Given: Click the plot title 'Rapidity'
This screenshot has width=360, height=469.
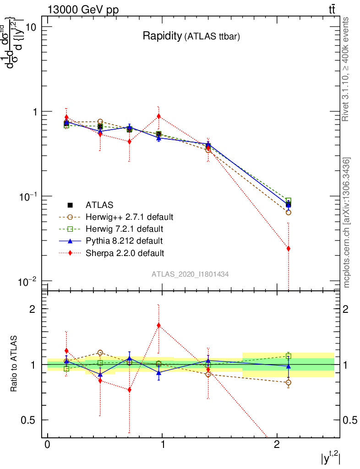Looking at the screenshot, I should tap(162, 36).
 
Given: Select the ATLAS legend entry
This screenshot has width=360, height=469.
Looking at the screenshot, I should tap(100, 205).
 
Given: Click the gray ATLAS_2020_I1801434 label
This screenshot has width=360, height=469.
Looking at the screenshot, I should tap(190, 274).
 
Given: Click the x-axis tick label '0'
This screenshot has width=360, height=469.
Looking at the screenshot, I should tap(47, 446).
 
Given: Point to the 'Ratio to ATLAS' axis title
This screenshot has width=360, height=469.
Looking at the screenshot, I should tap(15, 364).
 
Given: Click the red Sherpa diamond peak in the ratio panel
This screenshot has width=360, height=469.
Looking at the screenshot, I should tap(158, 326).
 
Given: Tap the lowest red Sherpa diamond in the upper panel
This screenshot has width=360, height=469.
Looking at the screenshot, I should tap(288, 249).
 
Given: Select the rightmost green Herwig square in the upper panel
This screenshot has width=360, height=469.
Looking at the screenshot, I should tap(288, 201).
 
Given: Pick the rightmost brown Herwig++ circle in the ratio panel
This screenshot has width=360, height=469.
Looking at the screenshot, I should tap(288, 382).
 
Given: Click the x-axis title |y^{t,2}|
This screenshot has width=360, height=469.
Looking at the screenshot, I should tap(330, 458).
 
